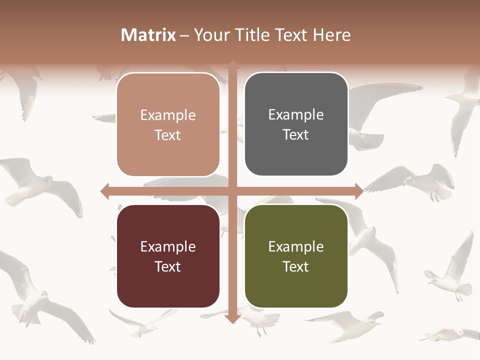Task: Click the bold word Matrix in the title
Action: pyautogui.click(x=148, y=35)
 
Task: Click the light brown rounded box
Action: pyautogui.click(x=168, y=124)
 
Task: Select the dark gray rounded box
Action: pyautogui.click(x=296, y=124)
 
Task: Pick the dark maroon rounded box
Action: pyautogui.click(x=168, y=256)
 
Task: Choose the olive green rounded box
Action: pyautogui.click(x=296, y=256)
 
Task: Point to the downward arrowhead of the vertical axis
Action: pyautogui.click(x=232, y=318)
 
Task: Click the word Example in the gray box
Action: pyautogui.click(x=296, y=115)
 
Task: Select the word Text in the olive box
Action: pyautogui.click(x=296, y=266)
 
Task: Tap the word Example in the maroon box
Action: pyautogui.click(x=168, y=246)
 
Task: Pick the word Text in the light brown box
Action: pyautogui.click(x=168, y=135)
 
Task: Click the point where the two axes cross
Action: pyautogui.click(x=232, y=191)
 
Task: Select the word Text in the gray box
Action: pyautogui.click(x=296, y=135)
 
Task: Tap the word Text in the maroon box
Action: pyautogui.click(x=168, y=266)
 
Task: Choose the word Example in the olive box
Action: pyautogui.click(x=296, y=246)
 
